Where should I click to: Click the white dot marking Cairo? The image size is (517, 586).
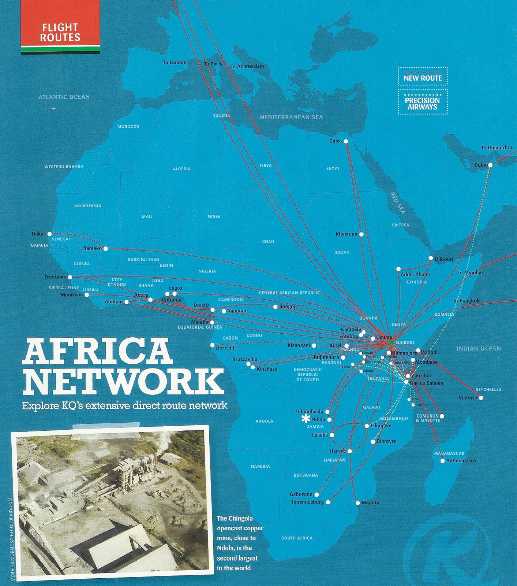click(346, 141)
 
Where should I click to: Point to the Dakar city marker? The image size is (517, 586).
click(50, 234)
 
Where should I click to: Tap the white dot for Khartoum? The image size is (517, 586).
click(361, 234)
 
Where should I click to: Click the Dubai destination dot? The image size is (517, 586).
click(490, 165)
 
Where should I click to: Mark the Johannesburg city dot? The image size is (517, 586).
click(328, 502)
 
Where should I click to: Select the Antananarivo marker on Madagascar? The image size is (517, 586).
click(443, 461)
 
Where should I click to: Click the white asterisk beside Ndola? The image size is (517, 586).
click(306, 419)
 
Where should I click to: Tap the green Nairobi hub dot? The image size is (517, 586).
click(391, 342)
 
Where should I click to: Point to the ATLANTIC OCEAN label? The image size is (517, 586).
click(64, 97)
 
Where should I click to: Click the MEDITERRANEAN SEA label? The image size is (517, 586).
click(291, 117)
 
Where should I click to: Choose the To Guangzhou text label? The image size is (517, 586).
click(497, 148)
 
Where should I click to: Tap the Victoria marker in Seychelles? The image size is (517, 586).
click(481, 398)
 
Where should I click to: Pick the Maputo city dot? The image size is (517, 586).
click(358, 503)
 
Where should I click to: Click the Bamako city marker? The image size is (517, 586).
click(106, 249)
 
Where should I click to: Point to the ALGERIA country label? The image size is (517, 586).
click(182, 169)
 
